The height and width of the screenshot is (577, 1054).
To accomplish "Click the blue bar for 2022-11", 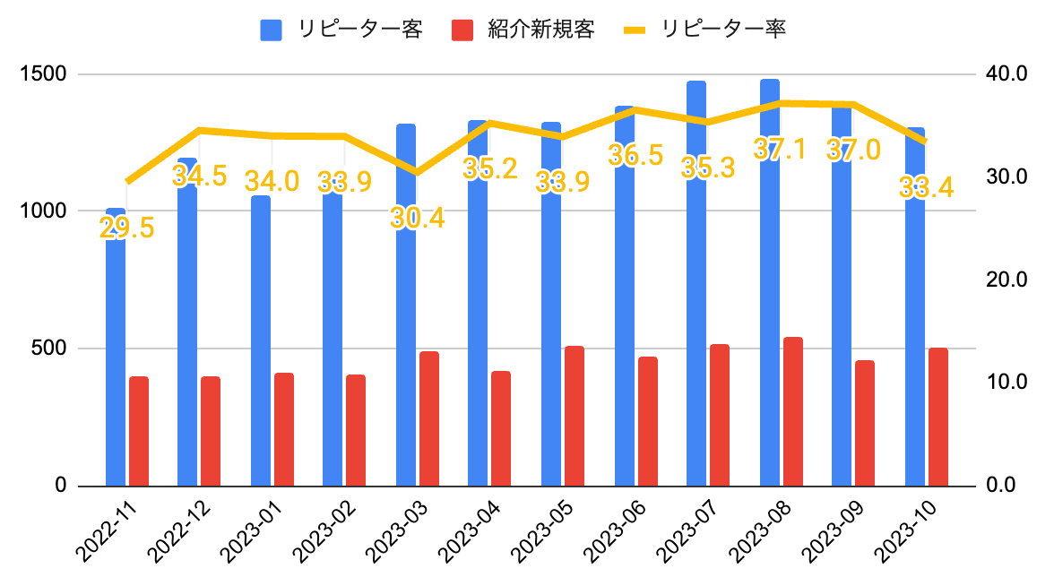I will coord(116,358).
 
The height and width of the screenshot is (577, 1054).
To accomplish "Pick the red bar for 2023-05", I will coord(575,417).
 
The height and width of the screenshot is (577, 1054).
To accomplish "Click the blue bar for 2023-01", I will coord(261,358).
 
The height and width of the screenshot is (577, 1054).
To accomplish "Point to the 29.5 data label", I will coord(126,228).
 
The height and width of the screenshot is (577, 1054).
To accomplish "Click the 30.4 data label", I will coord(418,218).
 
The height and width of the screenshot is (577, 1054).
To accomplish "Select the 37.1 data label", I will coord(780,150).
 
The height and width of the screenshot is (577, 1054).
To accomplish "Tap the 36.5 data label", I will coord(635,155).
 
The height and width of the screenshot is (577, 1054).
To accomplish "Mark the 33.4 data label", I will coord(926,188).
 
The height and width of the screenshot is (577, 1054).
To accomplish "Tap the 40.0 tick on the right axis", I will coord(1006,73).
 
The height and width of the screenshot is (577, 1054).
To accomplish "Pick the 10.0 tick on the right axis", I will coord(1006,383).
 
